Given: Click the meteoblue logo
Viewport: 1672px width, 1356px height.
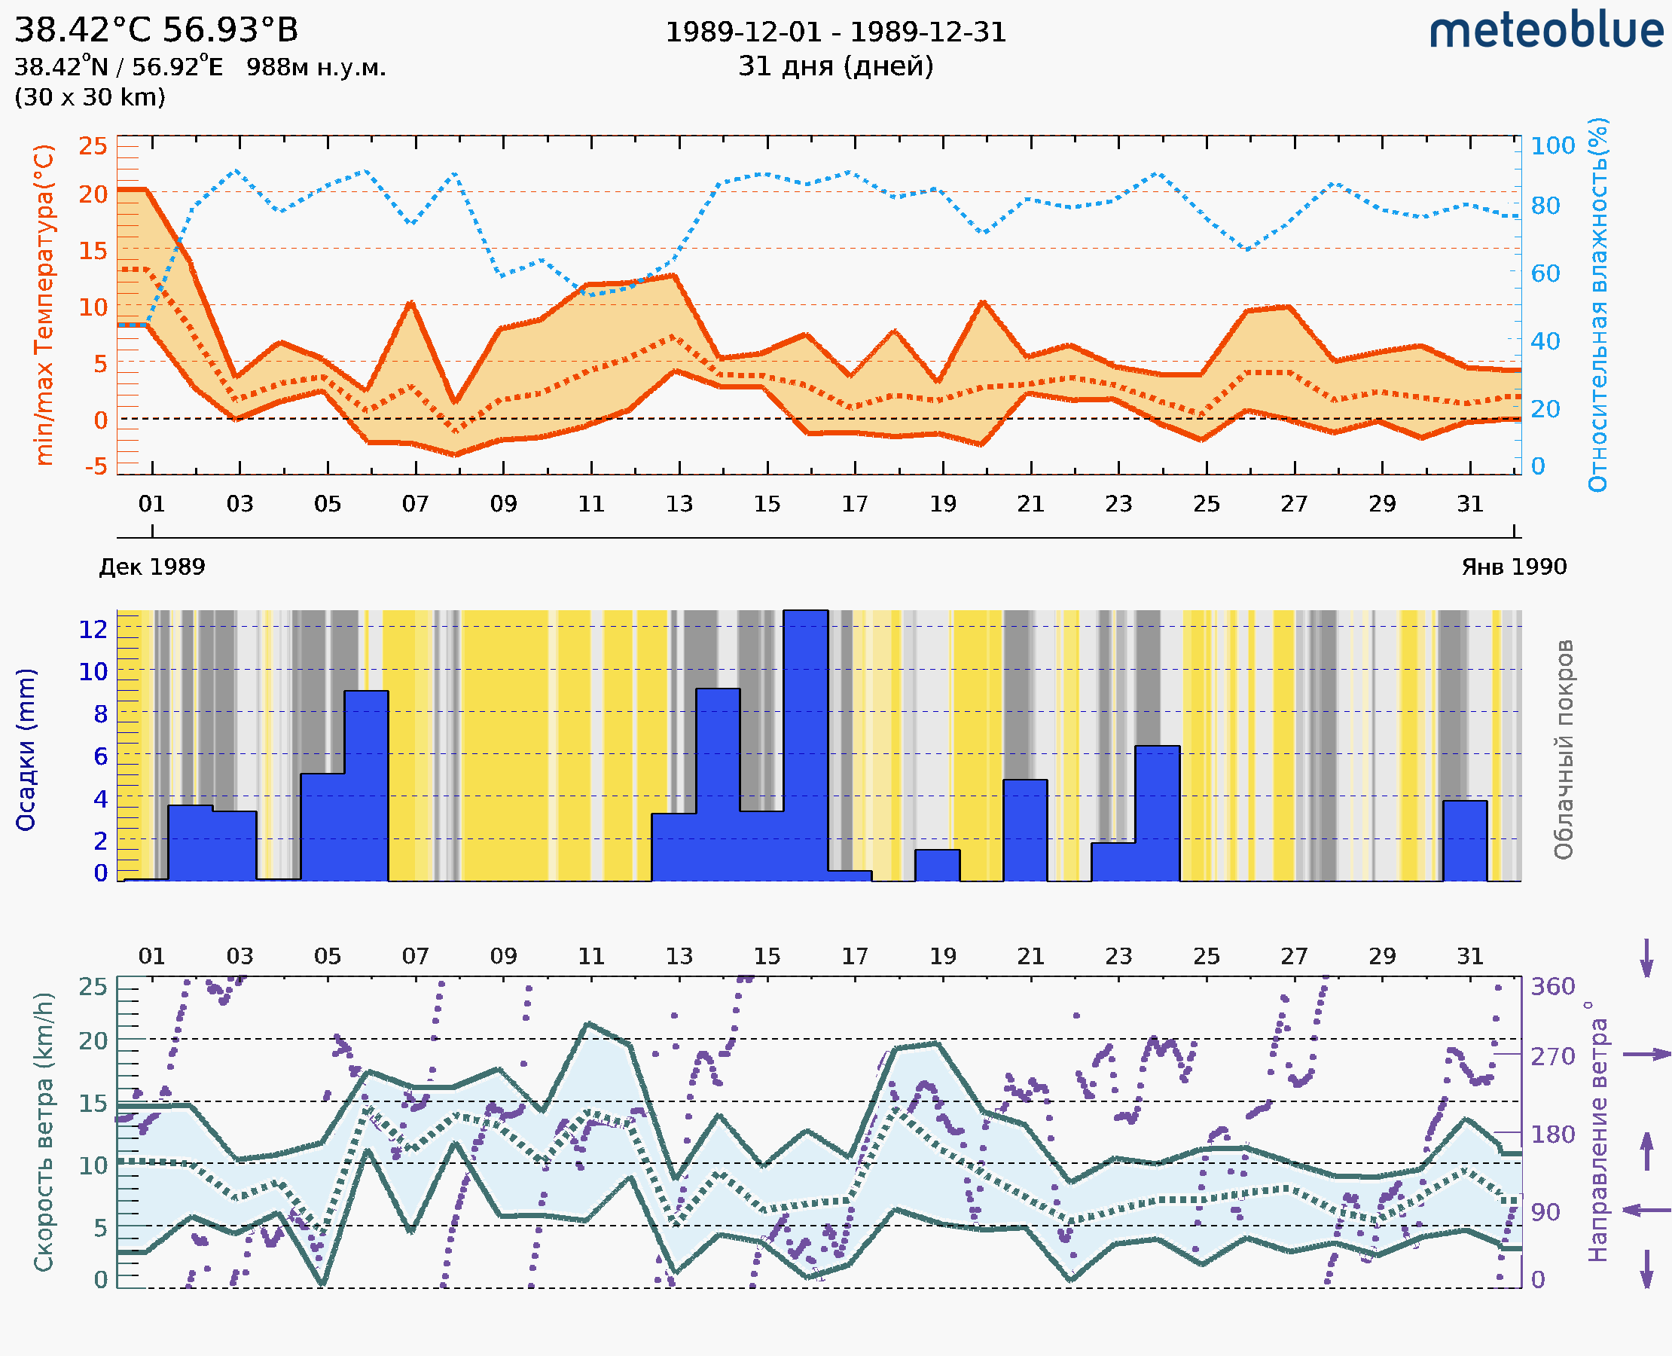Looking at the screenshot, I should coord(1546,31).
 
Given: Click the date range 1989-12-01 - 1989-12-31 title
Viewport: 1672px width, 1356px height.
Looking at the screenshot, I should coord(835,32).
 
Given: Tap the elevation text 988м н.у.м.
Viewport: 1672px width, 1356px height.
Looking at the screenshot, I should coord(316,68).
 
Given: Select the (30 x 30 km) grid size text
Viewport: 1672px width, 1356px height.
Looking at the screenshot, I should coord(90,97).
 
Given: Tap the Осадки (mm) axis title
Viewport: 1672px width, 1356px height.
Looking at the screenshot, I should coord(26,749).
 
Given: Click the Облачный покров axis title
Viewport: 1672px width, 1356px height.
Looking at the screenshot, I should coord(1563,749).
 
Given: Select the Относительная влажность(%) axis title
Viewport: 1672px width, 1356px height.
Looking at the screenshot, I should coord(1597,304).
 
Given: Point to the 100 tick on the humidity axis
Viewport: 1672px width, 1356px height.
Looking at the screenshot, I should coord(1552,146).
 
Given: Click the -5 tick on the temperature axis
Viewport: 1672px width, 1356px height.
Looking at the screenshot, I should coord(96,467).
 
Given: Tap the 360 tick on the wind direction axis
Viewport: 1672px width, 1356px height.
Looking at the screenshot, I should coord(1552,987).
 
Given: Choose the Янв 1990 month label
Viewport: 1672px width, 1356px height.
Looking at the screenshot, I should coord(1514,567).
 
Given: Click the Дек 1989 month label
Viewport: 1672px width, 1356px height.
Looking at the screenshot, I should coord(152,567).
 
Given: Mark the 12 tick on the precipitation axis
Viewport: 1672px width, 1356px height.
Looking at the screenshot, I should coord(93,629).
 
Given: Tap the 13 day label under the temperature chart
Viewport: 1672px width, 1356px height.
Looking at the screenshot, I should coord(679,504).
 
